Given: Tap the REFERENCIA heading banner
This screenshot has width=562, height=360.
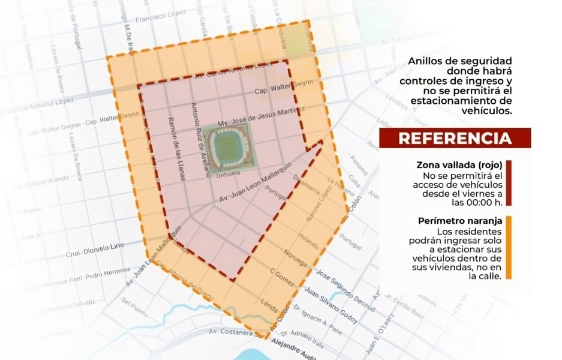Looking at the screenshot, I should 455,138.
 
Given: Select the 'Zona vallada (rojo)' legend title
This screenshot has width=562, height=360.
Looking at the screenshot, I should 459,165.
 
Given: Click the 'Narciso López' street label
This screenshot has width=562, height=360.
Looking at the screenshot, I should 317,207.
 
